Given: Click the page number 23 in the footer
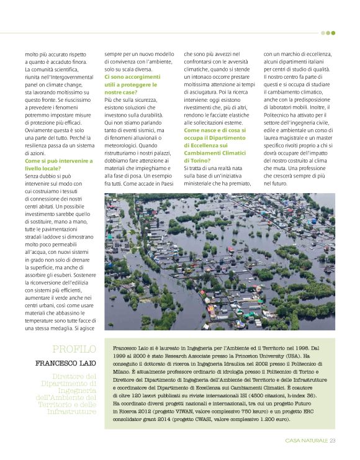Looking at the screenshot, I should pyautogui.click(x=333, y=441).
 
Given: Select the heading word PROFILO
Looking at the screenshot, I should pyautogui.click(x=74, y=349).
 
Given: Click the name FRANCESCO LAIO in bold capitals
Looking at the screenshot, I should pyautogui.click(x=66, y=363).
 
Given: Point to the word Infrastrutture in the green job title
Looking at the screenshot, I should pyautogui.click(x=72, y=412).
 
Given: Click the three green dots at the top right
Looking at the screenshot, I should pyautogui.click(x=328, y=33).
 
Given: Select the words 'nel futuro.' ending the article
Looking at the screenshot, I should pyautogui.click(x=276, y=183).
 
